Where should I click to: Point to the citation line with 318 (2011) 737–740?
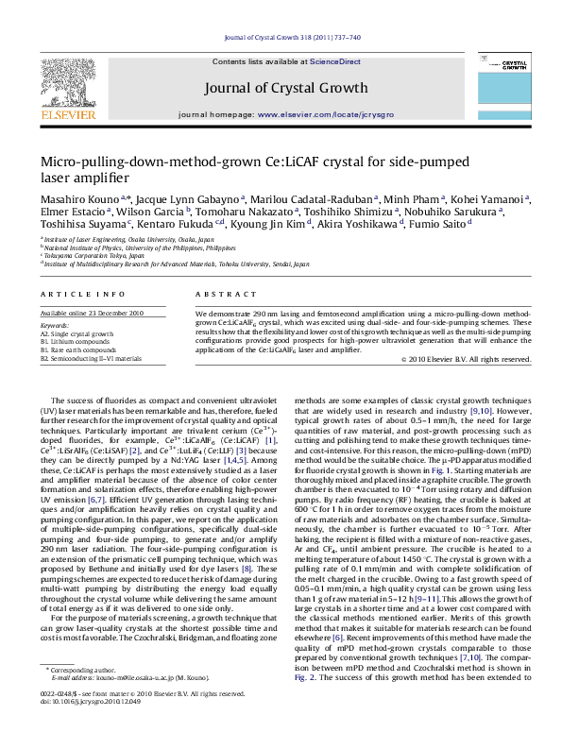tap(281, 40)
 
